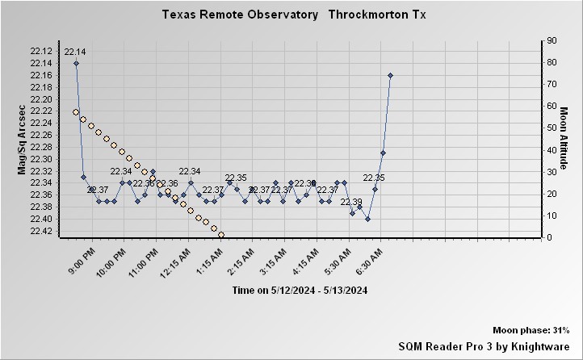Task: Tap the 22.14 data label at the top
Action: coord(75,52)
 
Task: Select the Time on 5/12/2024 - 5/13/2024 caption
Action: coord(300,291)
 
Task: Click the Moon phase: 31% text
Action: coord(531,331)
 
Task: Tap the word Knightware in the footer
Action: coord(543,345)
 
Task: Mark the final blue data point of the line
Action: coord(390,75)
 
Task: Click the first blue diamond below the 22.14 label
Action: coord(76,63)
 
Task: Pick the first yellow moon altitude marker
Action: coord(76,112)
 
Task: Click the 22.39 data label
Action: coord(351,202)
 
